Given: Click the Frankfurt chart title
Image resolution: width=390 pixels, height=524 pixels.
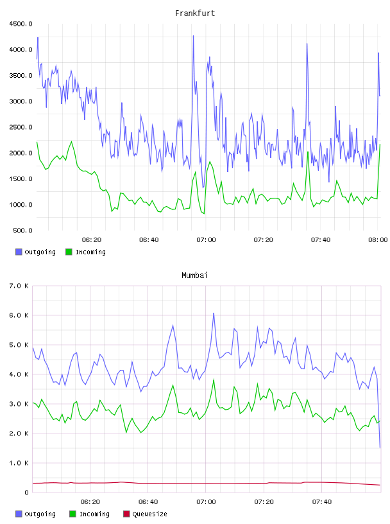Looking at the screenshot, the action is coord(195,13).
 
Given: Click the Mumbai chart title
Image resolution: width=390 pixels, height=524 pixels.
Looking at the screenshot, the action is coord(194,275).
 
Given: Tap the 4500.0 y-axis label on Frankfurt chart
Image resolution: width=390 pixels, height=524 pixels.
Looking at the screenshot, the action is coord(21,24).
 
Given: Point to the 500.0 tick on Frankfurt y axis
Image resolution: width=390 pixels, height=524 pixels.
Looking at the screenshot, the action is coord(22,231).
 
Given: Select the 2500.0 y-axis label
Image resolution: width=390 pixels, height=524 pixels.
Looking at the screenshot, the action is coord(21,127).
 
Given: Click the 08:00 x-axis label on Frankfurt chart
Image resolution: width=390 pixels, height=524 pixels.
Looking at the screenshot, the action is coord(378,240).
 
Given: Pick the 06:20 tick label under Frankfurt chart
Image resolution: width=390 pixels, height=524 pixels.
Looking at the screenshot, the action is coord(92,240).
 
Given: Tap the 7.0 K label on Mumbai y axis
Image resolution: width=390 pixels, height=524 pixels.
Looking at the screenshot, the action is coord(19,286).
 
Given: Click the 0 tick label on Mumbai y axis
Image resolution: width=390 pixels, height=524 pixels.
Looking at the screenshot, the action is coord(26,493).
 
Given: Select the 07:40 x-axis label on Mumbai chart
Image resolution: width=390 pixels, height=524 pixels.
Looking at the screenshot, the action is coord(322,502).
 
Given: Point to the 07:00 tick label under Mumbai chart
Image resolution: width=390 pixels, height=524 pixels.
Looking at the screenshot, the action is coord(206,502).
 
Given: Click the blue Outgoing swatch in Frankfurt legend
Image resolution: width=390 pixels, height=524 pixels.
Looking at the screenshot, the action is coord(19,252).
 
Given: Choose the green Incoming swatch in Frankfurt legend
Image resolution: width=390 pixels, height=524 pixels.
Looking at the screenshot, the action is coord(69,252).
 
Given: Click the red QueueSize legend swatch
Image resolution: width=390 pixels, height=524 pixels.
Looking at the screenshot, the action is coord(126,514).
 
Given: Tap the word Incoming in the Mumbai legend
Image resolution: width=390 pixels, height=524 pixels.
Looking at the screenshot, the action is coord(94,514).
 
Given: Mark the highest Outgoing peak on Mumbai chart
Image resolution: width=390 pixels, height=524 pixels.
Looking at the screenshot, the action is coord(214,313).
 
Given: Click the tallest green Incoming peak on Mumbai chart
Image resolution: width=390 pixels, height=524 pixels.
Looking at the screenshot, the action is coord(214,380).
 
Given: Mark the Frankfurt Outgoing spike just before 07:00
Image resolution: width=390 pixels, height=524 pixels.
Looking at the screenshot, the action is coord(193,36).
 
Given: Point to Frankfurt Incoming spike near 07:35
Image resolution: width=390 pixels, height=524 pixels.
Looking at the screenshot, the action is coord(308,152).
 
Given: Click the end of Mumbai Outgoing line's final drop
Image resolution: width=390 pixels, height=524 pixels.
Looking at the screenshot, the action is coord(380,447).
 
